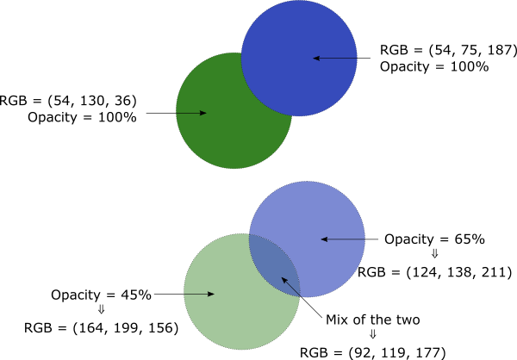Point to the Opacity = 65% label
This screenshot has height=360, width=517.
click(435, 239)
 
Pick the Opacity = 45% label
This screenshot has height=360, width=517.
click(101, 295)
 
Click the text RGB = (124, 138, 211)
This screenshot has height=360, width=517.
click(435, 272)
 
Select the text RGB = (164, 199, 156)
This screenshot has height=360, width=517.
click(101, 327)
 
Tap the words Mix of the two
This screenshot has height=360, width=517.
click(372, 320)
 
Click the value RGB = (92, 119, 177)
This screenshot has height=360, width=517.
click(372, 352)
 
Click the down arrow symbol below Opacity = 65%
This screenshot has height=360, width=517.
click(434, 255)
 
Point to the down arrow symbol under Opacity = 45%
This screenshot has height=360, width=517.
click(101, 311)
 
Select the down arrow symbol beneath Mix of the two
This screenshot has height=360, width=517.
click(372, 336)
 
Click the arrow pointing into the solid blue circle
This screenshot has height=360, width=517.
click(345, 58)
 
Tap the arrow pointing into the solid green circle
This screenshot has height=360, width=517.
click(177, 113)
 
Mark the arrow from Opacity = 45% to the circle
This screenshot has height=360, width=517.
click(184, 295)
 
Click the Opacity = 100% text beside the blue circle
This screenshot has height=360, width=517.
click(434, 66)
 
